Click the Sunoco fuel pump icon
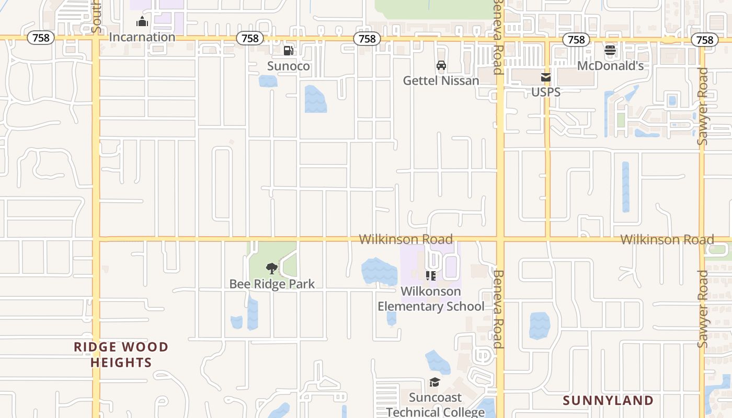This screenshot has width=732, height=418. [288, 51]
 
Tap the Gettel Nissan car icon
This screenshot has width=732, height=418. [441, 65]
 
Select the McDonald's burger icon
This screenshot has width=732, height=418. [610, 51]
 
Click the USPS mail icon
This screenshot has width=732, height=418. [546, 77]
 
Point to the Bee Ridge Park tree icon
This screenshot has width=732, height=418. [271, 269]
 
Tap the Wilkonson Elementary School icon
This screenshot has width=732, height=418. [431, 275]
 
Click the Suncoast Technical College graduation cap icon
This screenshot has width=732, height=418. [434, 382]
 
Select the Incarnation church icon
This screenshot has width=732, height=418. [142, 22]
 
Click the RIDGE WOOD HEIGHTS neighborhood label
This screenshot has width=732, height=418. [121, 355]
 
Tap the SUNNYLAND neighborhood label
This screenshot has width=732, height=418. [608, 401]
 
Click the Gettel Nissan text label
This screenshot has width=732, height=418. [441, 80]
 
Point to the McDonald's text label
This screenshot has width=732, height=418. [610, 66]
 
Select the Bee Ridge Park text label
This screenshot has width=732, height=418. [272, 284]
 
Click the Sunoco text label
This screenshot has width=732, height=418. [288, 66]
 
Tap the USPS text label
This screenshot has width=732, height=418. [546, 92]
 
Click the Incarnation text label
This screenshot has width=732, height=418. [142, 37]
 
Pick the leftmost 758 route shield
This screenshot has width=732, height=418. [41, 38]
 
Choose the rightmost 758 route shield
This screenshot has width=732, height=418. [705, 40]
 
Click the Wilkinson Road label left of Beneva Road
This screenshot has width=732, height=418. [406, 239]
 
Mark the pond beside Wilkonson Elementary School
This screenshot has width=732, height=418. [379, 272]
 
